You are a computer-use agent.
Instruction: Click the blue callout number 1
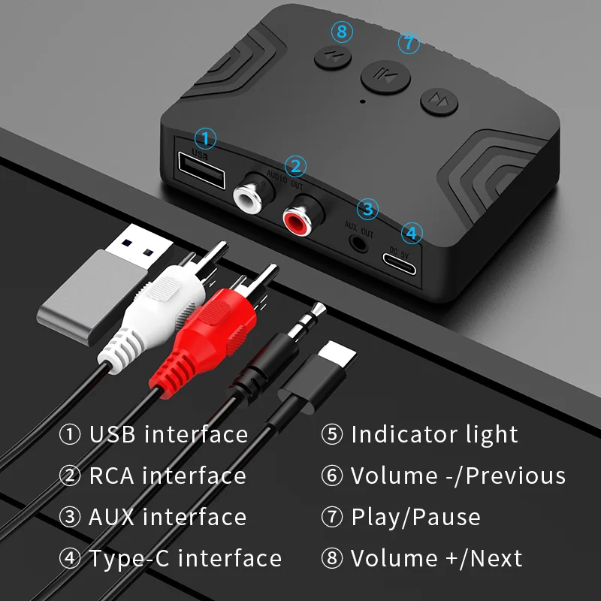205,138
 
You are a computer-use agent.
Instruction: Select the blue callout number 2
296,166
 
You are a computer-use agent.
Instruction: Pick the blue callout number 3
367,208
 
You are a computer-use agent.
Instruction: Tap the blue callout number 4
409,232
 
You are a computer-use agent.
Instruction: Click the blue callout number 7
409,43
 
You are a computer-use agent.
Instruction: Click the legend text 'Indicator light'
434,434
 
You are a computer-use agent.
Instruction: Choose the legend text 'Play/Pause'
415,517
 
